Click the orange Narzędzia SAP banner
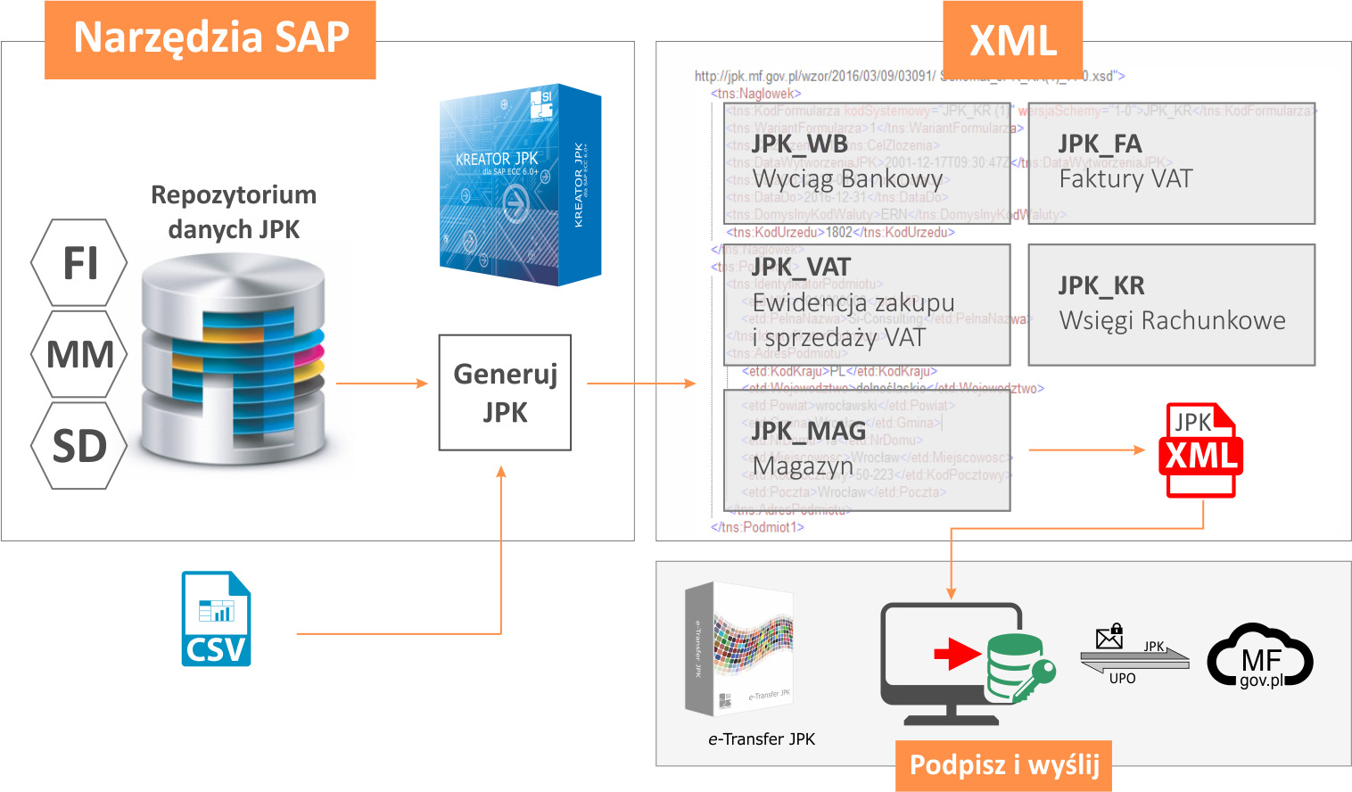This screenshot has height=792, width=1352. pos(210,39)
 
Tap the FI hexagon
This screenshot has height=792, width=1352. pos(79,263)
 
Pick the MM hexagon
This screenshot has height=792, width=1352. pos(79,354)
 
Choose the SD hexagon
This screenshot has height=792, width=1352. pos(79,445)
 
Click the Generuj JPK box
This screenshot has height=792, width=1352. pos(505,392)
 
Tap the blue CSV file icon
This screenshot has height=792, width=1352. pos(216,619)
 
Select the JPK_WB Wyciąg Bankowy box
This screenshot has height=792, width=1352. pos(867,163)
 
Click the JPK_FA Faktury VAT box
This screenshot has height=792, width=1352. pos(1171,163)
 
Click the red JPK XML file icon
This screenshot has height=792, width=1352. pos(1201,450)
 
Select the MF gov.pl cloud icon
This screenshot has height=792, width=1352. pos(1259,657)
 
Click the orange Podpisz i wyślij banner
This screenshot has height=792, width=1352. pos(1003,765)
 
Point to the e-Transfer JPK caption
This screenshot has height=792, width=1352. pos(762,739)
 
